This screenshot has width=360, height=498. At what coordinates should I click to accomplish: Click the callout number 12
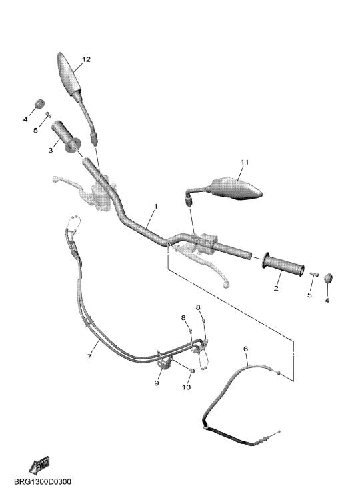[86, 59]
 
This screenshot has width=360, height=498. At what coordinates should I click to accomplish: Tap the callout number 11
[245, 162]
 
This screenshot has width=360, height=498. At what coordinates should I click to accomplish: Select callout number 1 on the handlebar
[156, 207]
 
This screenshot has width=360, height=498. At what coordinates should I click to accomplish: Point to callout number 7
[89, 357]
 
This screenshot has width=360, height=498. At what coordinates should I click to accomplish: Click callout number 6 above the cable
[245, 349]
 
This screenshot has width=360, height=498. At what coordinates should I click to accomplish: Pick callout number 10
[186, 387]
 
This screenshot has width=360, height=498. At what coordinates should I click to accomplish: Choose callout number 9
[156, 383]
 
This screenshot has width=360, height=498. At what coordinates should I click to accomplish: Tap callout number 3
[51, 150]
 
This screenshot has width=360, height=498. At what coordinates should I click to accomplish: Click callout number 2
[276, 288]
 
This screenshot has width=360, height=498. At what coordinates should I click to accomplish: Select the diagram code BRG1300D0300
[43, 482]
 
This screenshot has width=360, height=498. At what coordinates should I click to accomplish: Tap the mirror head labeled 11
[236, 189]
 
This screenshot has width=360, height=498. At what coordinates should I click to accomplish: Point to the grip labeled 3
[66, 137]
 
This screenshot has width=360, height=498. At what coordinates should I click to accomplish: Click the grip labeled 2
[283, 263]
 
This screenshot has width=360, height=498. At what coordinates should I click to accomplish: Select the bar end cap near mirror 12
[39, 103]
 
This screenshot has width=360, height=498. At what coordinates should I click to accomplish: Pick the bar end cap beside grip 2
[328, 278]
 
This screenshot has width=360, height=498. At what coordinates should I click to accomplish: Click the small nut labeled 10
[191, 371]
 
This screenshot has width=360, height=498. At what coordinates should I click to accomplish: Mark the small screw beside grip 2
[314, 273]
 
